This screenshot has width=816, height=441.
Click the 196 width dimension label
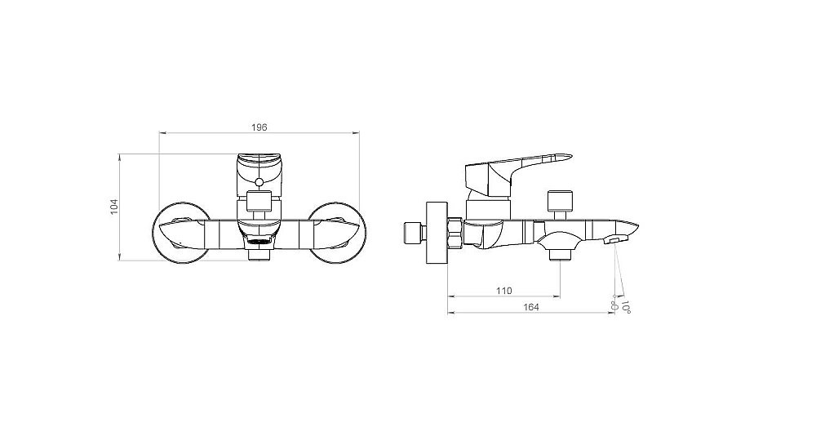[259, 127]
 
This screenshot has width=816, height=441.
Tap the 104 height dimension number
[114, 206]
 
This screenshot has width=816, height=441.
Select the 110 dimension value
[503, 291]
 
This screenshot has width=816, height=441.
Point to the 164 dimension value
[531, 307]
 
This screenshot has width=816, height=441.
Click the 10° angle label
[626, 307]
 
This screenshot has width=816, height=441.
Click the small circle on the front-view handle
[259, 183]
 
